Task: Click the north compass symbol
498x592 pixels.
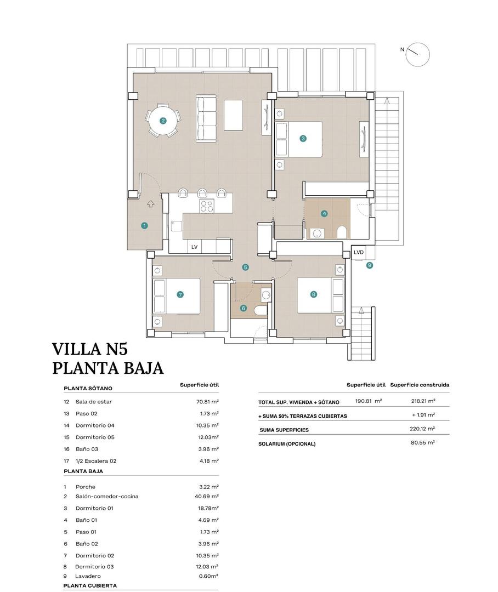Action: point(419,54)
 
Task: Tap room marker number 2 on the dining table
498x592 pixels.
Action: point(163,121)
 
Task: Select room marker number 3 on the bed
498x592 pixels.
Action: point(303,139)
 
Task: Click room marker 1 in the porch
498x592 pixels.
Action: point(144,225)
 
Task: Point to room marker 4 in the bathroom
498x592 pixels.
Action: point(325,213)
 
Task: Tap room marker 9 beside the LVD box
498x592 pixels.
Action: point(369,265)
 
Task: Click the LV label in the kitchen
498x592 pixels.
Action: point(194,247)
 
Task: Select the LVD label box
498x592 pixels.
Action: point(359,252)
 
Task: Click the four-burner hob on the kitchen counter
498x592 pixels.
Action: point(207,206)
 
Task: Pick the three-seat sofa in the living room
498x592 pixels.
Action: point(207,119)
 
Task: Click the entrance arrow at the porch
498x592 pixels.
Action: point(151,204)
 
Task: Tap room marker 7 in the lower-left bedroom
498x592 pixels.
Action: point(180,294)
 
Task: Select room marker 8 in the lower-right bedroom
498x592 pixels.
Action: point(313,294)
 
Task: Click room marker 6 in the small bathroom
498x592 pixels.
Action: point(244,308)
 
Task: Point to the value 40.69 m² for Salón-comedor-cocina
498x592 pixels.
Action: point(207,497)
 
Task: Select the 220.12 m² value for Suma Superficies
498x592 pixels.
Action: point(423,429)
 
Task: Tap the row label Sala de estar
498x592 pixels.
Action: point(94,402)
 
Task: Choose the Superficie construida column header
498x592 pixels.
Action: point(420,385)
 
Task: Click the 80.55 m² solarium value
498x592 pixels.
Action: point(423,442)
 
